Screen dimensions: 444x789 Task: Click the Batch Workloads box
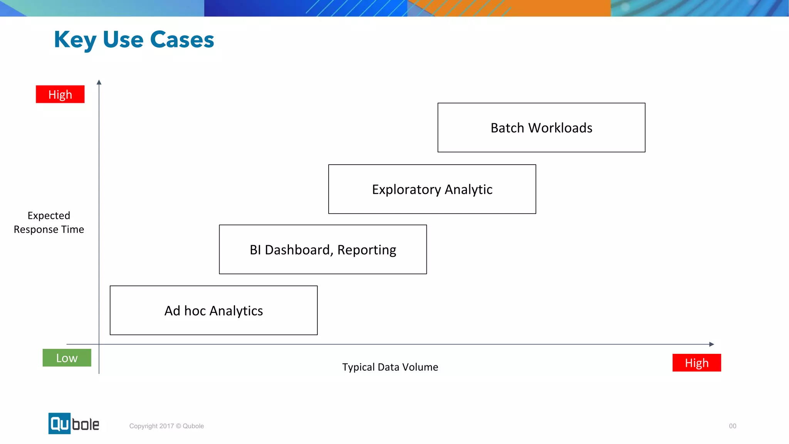tap(541, 128)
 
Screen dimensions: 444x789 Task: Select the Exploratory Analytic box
tap(432, 189)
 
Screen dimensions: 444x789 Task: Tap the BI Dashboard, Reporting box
tap(323, 249)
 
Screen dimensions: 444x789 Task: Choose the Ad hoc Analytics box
tap(213, 310)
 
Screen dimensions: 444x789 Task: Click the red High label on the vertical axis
tap(60, 94)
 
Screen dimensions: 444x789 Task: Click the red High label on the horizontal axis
tap(697, 363)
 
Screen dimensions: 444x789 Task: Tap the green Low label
tap(67, 358)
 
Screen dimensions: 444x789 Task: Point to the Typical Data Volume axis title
tap(390, 367)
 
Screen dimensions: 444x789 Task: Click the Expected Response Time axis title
tap(49, 222)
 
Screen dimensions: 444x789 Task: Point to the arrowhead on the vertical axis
tap(99, 82)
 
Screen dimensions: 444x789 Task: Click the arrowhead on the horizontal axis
tap(712, 344)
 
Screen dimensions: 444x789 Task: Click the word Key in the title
tap(75, 40)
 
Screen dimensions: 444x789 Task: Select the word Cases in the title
tap(182, 40)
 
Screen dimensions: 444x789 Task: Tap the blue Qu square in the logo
tap(59, 423)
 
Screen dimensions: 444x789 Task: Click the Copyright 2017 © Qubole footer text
tap(166, 426)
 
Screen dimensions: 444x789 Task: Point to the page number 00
tap(732, 426)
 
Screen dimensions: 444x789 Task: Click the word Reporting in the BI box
tap(366, 250)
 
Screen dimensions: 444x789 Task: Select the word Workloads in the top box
tap(560, 128)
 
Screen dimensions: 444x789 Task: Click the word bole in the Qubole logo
tap(86, 424)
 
